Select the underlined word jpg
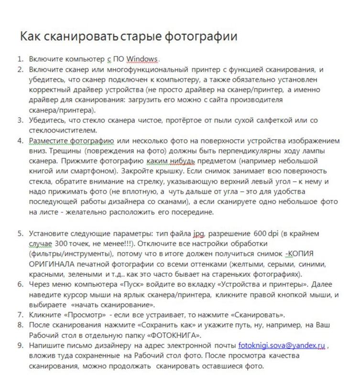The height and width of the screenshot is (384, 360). [198, 234]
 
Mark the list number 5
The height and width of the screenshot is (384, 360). [20, 234]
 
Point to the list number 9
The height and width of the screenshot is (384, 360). [20, 345]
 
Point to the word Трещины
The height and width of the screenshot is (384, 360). [46, 151]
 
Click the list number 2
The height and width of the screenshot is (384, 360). [20, 69]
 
